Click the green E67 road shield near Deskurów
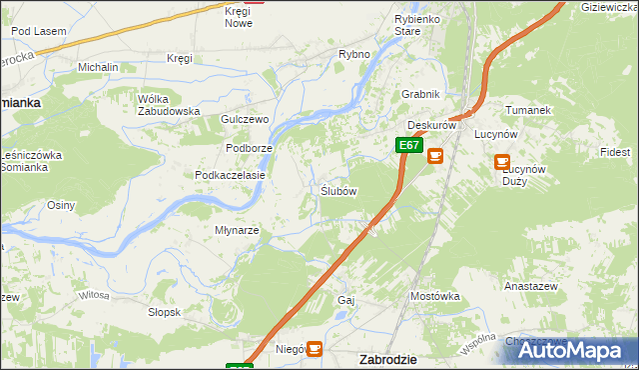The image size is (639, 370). (407, 145)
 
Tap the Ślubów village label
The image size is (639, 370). (338, 191)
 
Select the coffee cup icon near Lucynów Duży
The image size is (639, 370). (502, 161)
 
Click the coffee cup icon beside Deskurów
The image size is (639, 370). (435, 156)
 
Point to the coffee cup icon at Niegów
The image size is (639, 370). (315, 348)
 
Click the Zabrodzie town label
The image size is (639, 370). (387, 358)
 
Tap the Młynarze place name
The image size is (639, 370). (238, 230)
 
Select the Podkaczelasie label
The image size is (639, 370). (230, 175)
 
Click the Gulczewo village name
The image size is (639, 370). (246, 119)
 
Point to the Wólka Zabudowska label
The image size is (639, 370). (169, 105)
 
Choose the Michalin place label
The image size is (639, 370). (98, 67)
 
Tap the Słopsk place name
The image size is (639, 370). (164, 312)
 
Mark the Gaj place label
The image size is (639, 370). (346, 300)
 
